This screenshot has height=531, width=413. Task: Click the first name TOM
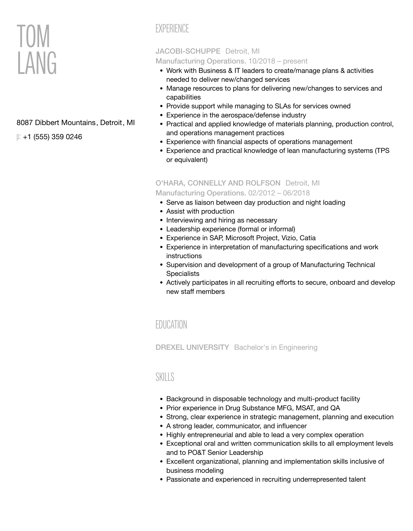[33, 36]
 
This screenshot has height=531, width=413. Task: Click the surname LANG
[37, 63]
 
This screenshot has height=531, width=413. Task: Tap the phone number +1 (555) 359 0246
[52, 137]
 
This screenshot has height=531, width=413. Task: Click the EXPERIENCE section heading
[172, 29]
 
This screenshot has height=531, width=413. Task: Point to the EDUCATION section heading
[171, 325]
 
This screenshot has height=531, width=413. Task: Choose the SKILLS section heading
[165, 377]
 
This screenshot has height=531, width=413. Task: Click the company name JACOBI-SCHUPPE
[188, 51]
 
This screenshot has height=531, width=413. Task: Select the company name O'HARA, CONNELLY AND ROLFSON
[218, 183]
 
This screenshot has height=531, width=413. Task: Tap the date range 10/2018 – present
[278, 61]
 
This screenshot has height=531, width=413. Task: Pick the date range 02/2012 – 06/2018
[279, 193]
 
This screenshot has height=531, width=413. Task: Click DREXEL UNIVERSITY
[192, 347]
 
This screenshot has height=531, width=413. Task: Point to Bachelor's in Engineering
[276, 347]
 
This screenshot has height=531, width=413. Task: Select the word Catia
[307, 238]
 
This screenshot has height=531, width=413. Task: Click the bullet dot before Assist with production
[161, 212]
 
